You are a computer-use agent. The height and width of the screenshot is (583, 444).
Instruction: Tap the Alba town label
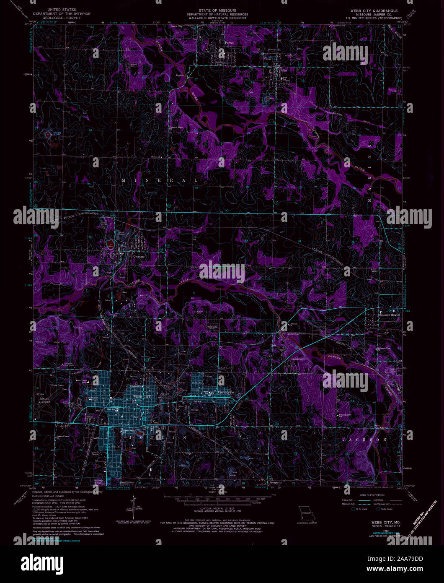[x=284, y=71]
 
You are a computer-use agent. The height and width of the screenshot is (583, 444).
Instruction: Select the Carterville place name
[x=226, y=392]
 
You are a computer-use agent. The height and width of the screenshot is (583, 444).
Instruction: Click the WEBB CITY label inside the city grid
[x=141, y=396]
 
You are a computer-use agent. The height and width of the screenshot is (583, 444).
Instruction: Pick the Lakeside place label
[x=297, y=359]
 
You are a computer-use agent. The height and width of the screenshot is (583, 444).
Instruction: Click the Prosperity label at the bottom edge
[x=275, y=482]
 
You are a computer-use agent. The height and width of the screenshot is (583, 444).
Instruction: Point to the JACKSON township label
[x=364, y=440]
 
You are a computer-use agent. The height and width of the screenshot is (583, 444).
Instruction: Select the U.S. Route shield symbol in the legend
[x=354, y=509]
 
